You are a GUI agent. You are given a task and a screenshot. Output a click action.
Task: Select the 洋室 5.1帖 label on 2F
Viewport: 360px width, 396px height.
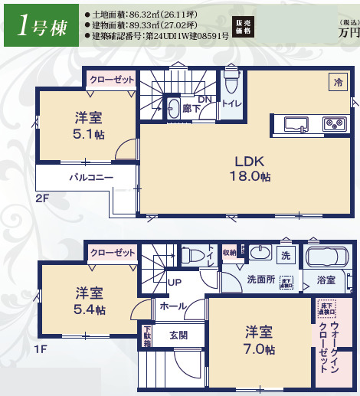[x=88, y=126]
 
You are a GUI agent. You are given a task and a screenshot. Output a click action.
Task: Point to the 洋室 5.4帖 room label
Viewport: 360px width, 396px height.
[x=90, y=300]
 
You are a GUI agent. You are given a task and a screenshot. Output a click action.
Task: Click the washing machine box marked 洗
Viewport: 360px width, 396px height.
[x=286, y=254]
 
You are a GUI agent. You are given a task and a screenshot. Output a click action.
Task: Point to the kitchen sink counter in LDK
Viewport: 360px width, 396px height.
[x=309, y=123]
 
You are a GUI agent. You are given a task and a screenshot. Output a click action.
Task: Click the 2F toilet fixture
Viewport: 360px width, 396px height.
[x=232, y=82]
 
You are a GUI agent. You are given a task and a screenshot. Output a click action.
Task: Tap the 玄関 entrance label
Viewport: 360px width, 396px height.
[x=178, y=334]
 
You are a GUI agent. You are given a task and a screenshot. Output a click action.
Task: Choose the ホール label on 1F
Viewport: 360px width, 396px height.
[x=172, y=305]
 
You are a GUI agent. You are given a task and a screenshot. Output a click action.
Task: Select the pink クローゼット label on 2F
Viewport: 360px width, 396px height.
[x=112, y=79]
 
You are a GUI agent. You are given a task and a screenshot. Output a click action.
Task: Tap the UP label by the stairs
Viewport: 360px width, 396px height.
[x=174, y=281]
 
